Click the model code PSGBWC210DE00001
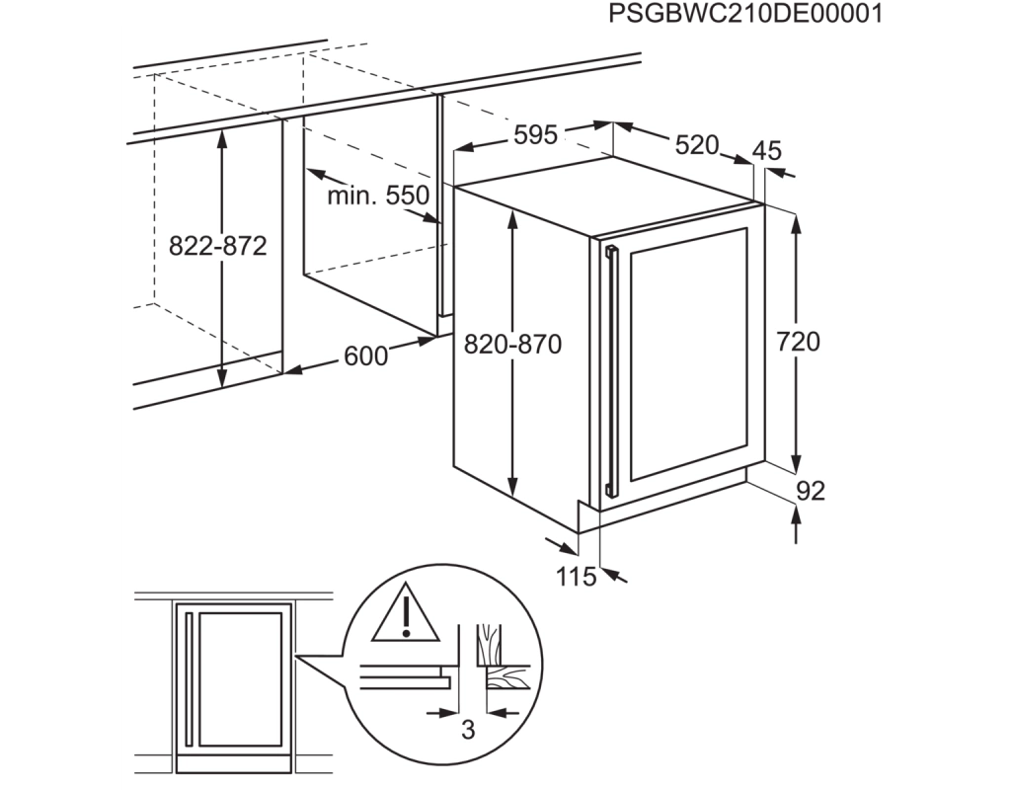tap(746, 14)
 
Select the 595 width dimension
tap(535, 134)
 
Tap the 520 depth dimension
tap(696, 145)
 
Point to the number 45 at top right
tap(766, 150)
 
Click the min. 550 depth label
tap(378, 195)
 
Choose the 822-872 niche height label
tap(218, 246)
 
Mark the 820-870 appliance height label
tap(512, 345)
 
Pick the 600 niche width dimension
tap(365, 355)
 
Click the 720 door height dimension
tap(798, 341)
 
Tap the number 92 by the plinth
tap(811, 492)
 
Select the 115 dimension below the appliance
tap(577, 577)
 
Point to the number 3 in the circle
tap(469, 730)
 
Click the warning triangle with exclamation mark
tap(406, 613)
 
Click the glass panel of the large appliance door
tap(688, 355)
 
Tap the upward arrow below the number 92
tap(798, 524)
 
